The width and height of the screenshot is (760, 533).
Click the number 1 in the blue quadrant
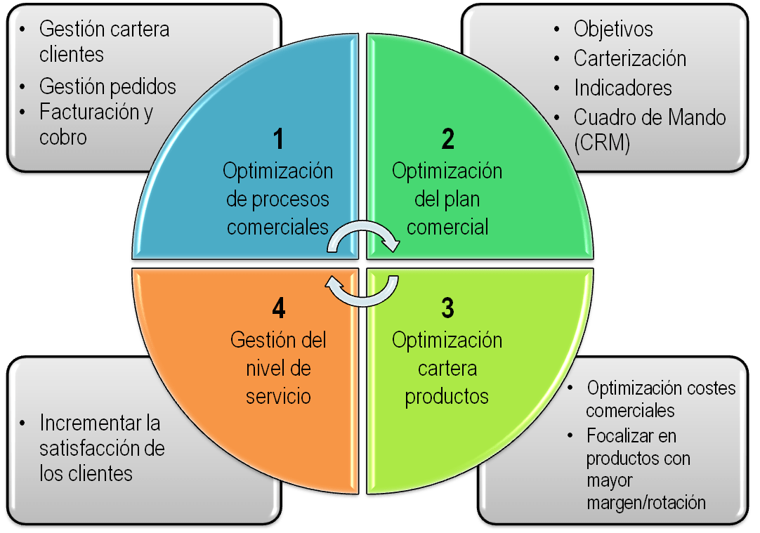coord(279,138)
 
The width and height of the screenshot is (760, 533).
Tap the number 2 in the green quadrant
coord(447,138)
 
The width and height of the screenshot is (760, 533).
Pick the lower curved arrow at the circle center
coord(362,290)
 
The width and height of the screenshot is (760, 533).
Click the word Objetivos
coord(613,29)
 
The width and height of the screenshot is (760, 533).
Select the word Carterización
coord(629,58)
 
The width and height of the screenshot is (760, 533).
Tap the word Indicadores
coord(622,88)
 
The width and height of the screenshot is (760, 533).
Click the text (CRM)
coord(602,143)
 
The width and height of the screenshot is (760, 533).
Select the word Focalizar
coord(621,436)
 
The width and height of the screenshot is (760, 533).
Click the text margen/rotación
coord(646,502)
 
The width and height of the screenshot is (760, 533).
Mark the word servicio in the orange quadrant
coord(278,396)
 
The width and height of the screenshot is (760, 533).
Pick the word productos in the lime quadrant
coord(447,396)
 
